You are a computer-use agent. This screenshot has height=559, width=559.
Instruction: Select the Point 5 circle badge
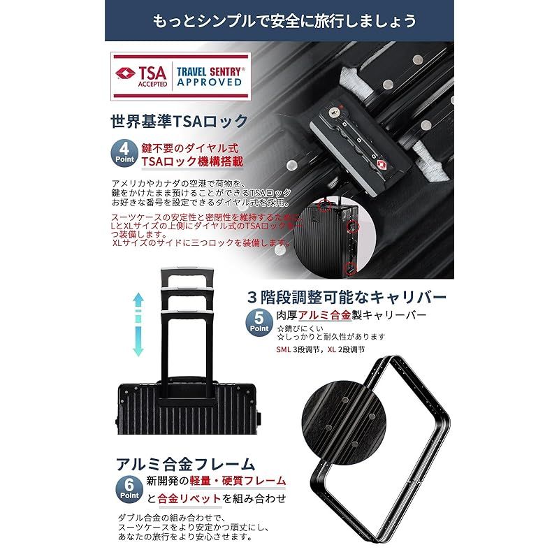tap(259, 323)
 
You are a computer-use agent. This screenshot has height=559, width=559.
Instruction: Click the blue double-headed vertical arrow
tap(138, 325)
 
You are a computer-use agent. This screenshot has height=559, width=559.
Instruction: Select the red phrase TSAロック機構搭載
tap(192, 161)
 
